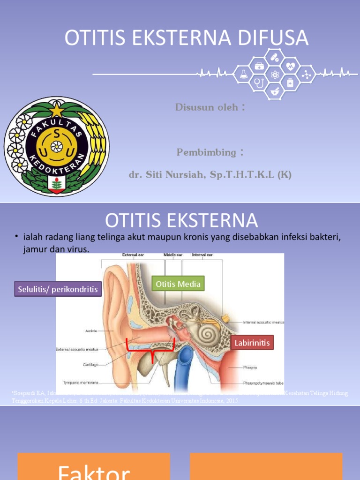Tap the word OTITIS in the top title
pyautogui.click(x=91, y=38)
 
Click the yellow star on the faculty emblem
pyautogui.click(x=56, y=111)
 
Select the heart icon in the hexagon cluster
pyautogui.click(x=291, y=66)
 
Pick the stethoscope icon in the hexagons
pyautogui.click(x=258, y=83)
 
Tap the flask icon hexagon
pyautogui.click(x=243, y=74)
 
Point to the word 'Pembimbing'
pyautogui.click(x=207, y=152)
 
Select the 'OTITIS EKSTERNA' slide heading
pyautogui.click(x=181, y=220)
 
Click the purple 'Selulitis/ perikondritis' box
pyautogui.click(x=58, y=289)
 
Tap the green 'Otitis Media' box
pyautogui.click(x=178, y=284)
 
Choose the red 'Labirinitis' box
pyautogui.click(x=252, y=343)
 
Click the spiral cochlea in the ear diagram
pyautogui.click(x=206, y=333)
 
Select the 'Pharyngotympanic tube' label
pyautogui.click(x=263, y=382)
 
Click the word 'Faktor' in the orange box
pyautogui.click(x=94, y=471)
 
